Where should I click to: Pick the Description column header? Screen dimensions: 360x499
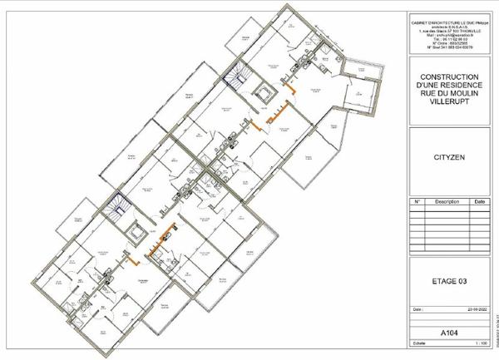click(x=447, y=201)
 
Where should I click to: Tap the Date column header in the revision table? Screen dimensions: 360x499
click(x=479, y=201)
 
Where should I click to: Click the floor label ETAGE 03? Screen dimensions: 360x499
click(x=448, y=281)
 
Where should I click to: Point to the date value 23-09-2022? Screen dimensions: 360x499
click(x=475, y=309)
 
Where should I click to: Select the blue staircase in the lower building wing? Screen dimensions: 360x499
click(x=118, y=205)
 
